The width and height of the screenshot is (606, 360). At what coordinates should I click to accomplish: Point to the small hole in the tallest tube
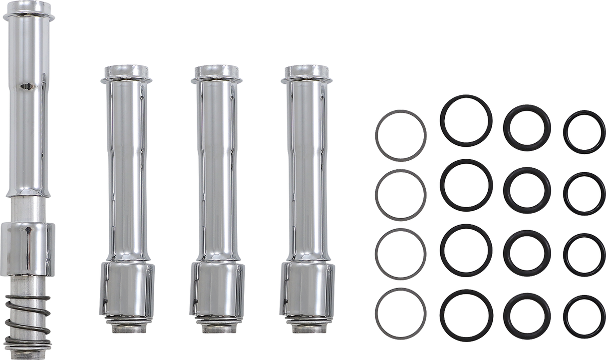(x=26, y=86)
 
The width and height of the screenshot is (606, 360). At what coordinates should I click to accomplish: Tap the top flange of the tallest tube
(x=28, y=15)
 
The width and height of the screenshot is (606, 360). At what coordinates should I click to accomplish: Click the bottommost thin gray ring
(x=401, y=290)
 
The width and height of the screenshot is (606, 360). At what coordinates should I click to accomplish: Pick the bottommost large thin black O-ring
(x=466, y=292)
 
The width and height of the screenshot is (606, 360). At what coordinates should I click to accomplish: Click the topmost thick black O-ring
(x=527, y=107)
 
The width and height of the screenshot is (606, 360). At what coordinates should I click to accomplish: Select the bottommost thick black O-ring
(x=527, y=296)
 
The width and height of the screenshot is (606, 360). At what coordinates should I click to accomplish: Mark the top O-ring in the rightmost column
(x=584, y=113)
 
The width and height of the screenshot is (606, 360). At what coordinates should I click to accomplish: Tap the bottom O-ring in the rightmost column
(x=584, y=298)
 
